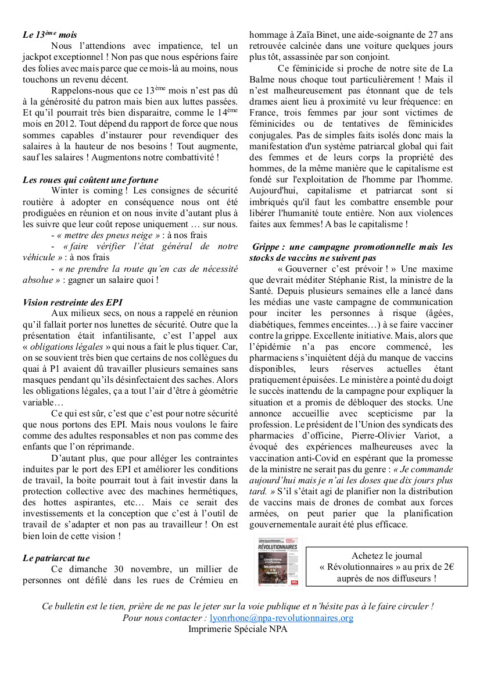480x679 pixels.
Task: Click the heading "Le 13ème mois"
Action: point(50,35)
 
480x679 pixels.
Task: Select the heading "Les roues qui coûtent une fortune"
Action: point(90,180)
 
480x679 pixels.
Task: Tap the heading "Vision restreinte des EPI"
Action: point(73,302)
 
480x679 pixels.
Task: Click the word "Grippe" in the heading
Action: point(268,247)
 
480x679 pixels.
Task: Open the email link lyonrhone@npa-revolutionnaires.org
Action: point(281,618)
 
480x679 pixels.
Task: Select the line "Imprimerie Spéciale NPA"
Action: point(238,628)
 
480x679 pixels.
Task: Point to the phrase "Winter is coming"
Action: point(87,191)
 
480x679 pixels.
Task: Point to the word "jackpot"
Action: point(38,57)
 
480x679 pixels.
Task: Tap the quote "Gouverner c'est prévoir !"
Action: point(338,269)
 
